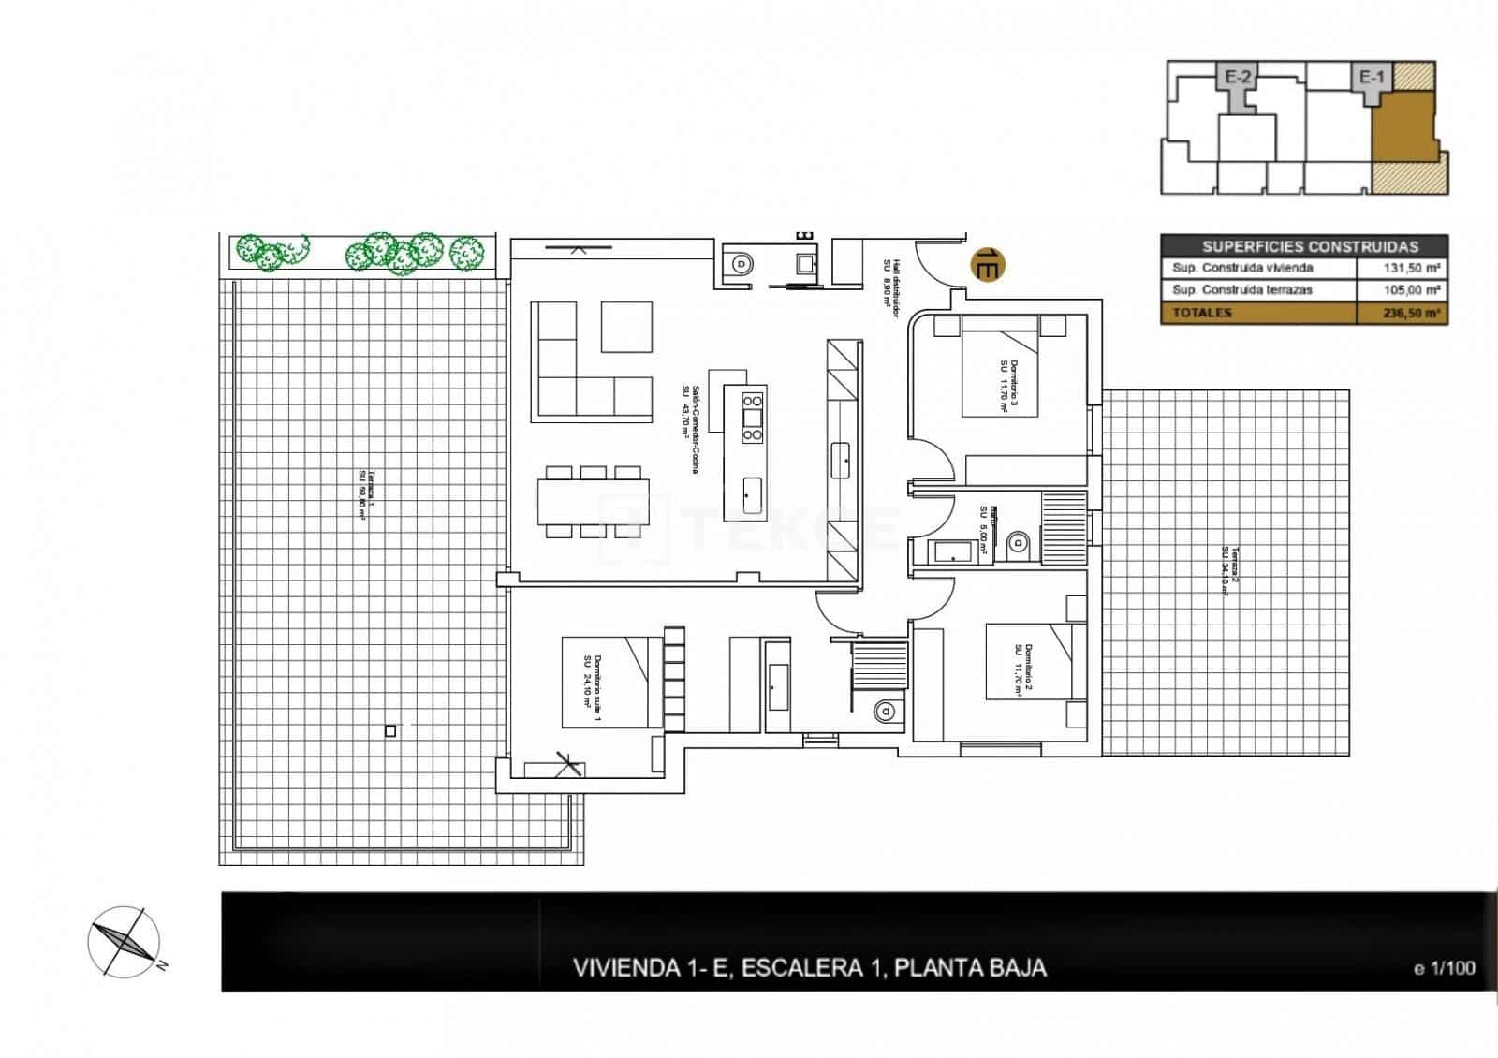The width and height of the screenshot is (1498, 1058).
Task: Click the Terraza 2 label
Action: point(1229,571)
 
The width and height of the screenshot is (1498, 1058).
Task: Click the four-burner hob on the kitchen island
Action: point(752,417)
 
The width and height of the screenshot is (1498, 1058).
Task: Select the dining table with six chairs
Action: point(594,502)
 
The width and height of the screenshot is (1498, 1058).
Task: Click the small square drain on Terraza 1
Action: point(390,731)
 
